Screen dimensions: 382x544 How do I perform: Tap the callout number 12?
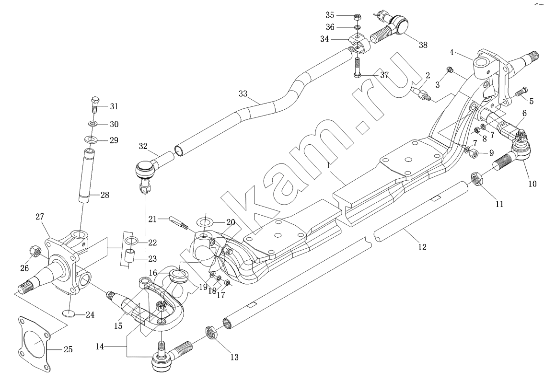coord(422,247)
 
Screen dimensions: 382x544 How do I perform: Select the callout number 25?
coord(68,349)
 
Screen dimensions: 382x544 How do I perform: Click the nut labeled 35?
coord(357,17)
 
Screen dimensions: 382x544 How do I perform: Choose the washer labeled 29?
coord(91,139)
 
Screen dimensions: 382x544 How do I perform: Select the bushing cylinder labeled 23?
coord(129,257)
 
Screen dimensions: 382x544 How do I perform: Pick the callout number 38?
coord(422,45)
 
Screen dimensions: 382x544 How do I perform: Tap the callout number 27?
coord(39,217)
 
